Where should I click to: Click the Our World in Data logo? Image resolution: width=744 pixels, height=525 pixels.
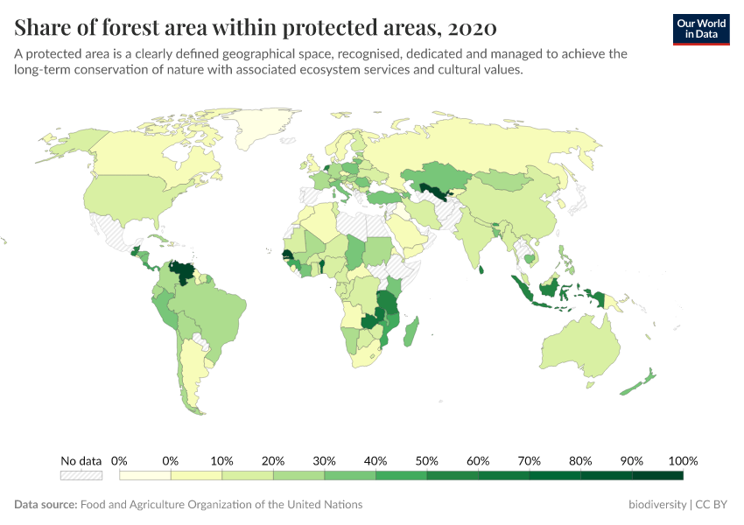tap(701, 28)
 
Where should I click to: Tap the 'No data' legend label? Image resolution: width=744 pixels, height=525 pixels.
tap(81, 460)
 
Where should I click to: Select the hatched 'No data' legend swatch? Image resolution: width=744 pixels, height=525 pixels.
tap(81, 475)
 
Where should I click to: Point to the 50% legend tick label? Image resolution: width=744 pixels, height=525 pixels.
tap(426, 460)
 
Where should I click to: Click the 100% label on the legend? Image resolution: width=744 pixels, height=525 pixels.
tap(682, 460)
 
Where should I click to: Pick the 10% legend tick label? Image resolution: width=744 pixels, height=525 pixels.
tap(221, 460)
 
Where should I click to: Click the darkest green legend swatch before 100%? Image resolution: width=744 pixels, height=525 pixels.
tap(656, 475)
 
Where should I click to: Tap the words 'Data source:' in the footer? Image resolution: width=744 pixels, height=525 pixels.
tap(46, 505)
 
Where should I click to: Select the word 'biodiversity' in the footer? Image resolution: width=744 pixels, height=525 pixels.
tap(657, 505)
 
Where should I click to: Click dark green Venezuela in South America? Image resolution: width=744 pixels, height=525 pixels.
tap(182, 270)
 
